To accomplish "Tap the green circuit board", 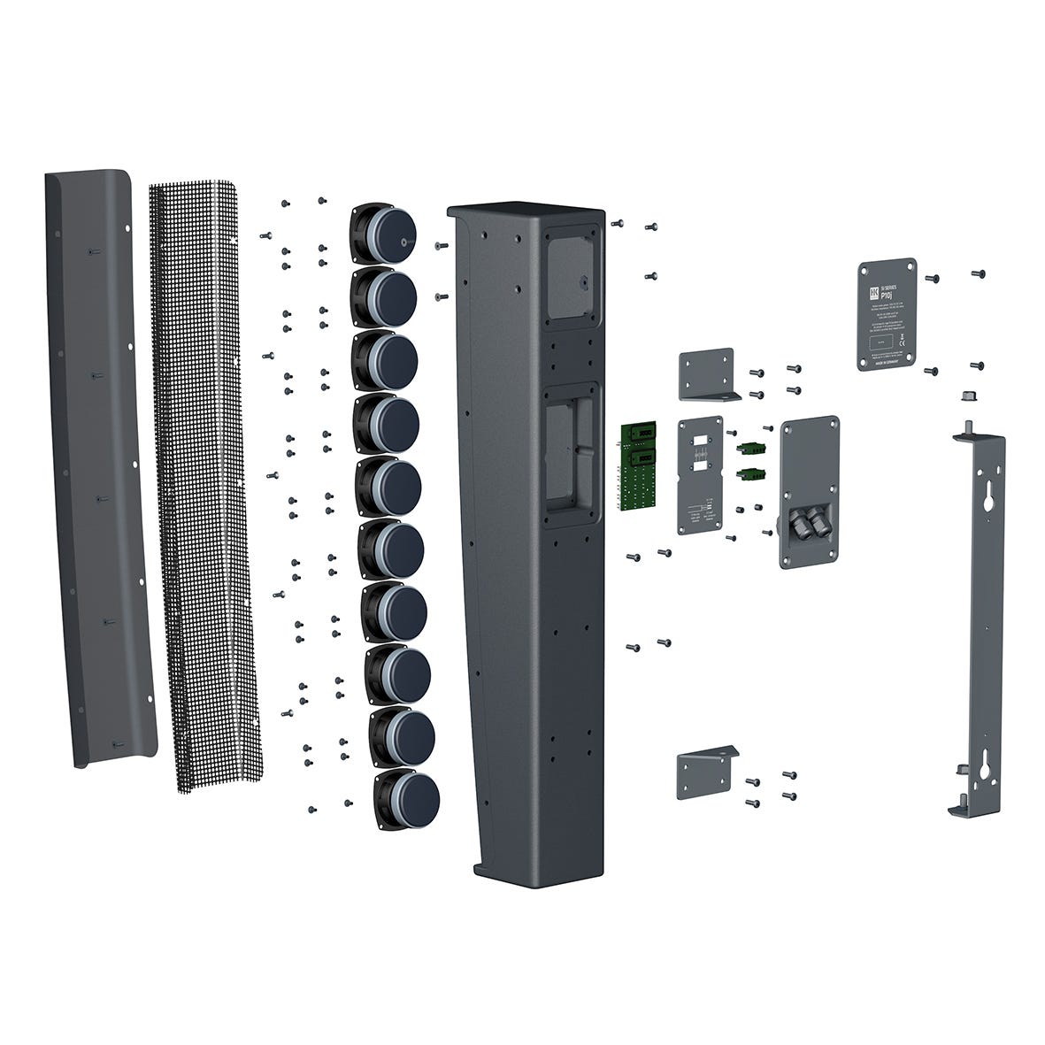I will click(x=640, y=466).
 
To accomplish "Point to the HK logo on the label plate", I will click(x=872, y=291).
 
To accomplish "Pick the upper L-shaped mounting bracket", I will click(x=708, y=374).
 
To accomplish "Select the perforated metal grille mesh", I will click(x=206, y=478).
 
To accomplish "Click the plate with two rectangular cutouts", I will click(x=700, y=475).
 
